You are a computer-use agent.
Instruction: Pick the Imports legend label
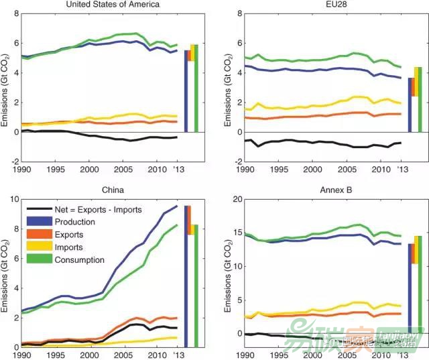(71, 247)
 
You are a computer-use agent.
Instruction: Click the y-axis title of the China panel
(5, 273)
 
